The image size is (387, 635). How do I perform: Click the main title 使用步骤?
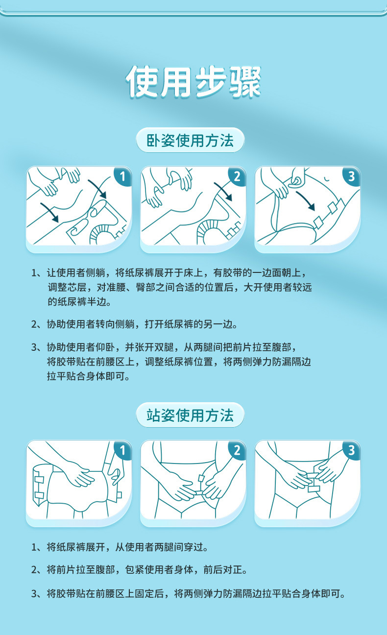193,82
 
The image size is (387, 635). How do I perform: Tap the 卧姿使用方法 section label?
190,140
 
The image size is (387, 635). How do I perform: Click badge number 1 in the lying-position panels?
123,176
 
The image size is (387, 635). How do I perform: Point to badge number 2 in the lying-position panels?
237,176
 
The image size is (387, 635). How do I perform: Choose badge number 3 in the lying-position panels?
352,176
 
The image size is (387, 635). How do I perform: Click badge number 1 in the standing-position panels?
123,450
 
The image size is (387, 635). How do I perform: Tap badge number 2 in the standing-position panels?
237,450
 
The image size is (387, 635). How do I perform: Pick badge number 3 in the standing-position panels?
352,450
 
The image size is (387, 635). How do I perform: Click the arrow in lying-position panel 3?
306,200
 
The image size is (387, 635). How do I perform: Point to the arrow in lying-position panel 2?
224,191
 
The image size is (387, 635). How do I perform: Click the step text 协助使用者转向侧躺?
91,324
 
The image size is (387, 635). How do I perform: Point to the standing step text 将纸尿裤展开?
76,547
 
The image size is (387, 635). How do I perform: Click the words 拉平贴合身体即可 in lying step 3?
88,376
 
